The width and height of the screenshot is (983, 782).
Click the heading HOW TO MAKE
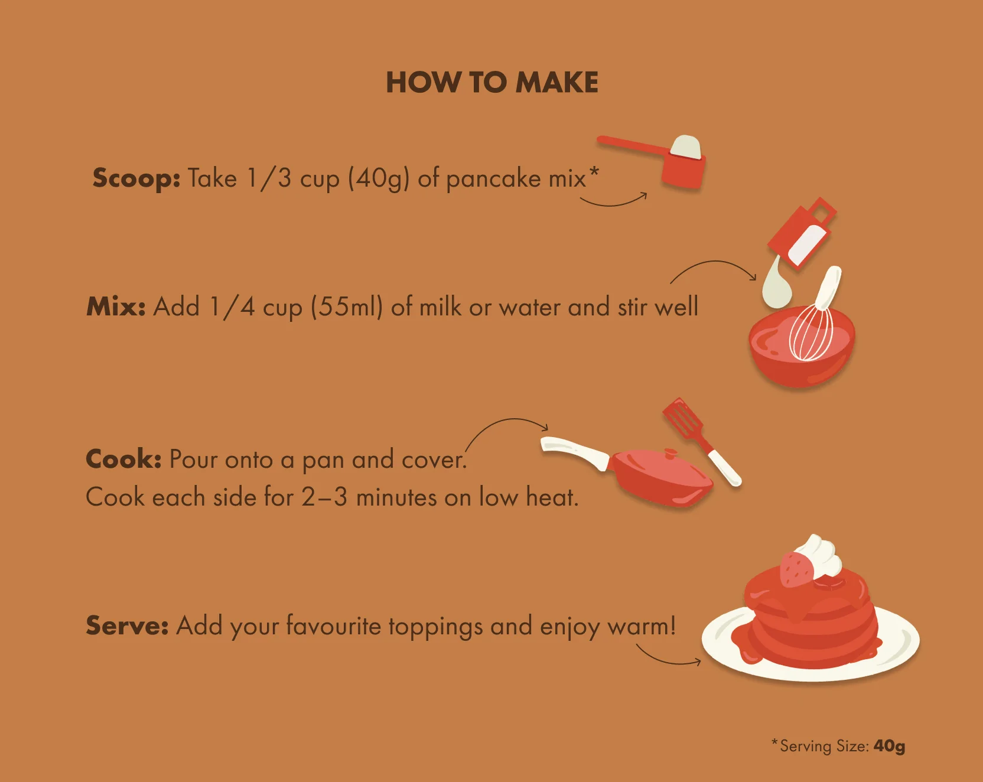pyautogui.click(x=491, y=83)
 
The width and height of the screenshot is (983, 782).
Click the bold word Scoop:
pyautogui.click(x=136, y=178)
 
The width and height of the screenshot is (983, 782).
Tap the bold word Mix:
pyautogui.click(x=116, y=307)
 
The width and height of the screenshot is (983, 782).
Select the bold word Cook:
pyautogui.click(x=123, y=459)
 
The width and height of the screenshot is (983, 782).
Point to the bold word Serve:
pyautogui.click(x=127, y=625)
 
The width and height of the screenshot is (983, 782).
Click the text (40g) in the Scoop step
pyautogui.click(x=378, y=178)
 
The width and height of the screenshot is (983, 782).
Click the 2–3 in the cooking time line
pyautogui.click(x=324, y=497)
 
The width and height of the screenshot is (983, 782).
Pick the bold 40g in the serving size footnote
pyautogui.click(x=889, y=746)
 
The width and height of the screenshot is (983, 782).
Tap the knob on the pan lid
pyautogui.click(x=670, y=454)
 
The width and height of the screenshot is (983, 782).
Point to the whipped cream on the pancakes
pyautogui.click(x=821, y=555)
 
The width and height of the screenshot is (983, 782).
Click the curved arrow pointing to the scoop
pyautogui.click(x=614, y=202)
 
